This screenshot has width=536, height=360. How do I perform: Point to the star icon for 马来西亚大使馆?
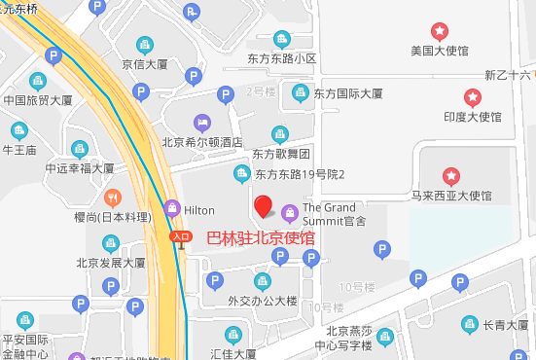(452, 176)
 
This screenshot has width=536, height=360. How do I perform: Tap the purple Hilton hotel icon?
(172, 207)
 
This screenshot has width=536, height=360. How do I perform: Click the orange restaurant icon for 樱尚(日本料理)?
(112, 196)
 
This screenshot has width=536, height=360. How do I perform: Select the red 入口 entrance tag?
(180, 236)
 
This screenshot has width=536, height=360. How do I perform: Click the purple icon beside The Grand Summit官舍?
(289, 212)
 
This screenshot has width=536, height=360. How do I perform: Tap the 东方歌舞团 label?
(281, 154)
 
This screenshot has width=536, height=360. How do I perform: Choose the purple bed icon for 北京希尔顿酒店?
(201, 123)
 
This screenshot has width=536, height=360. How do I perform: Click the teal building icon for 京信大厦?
(145, 45)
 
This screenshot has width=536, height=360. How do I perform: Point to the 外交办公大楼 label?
(262, 301)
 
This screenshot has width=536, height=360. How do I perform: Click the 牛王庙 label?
(19, 150)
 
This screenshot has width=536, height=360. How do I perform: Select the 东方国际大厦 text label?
(348, 94)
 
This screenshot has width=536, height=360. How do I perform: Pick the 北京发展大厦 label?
(111, 263)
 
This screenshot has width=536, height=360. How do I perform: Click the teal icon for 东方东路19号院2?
(242, 174)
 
